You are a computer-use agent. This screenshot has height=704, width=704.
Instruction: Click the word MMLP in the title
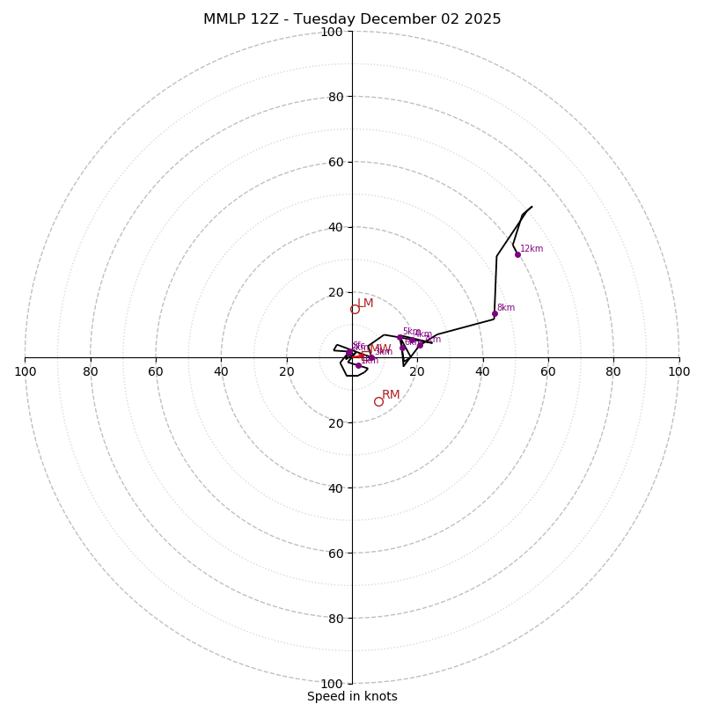tap(225, 19)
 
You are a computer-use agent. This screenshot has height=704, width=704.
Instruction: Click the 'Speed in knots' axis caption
tap(352, 696)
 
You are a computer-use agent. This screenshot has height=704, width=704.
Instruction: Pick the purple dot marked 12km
tap(517, 254)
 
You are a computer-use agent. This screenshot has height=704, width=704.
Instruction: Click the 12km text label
tap(532, 248)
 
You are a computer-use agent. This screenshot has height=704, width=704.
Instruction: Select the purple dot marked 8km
tap(495, 313)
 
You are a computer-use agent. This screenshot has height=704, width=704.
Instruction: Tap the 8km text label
tap(506, 308)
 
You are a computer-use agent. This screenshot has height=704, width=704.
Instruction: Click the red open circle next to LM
tap(355, 309)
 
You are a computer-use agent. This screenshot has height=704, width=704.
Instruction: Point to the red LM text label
tap(365, 304)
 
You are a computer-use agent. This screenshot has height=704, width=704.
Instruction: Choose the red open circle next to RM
tap(378, 401)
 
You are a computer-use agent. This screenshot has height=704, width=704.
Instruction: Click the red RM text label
tap(391, 395)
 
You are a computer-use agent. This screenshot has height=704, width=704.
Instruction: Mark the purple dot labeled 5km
tap(400, 337)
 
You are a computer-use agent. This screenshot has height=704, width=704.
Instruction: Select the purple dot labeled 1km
tap(358, 365)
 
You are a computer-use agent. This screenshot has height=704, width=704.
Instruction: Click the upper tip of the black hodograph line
tap(532, 207)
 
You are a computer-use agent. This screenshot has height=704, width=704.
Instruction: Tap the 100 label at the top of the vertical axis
tap(332, 32)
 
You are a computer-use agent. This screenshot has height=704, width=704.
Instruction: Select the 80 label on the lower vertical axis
tap(332, 618)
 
